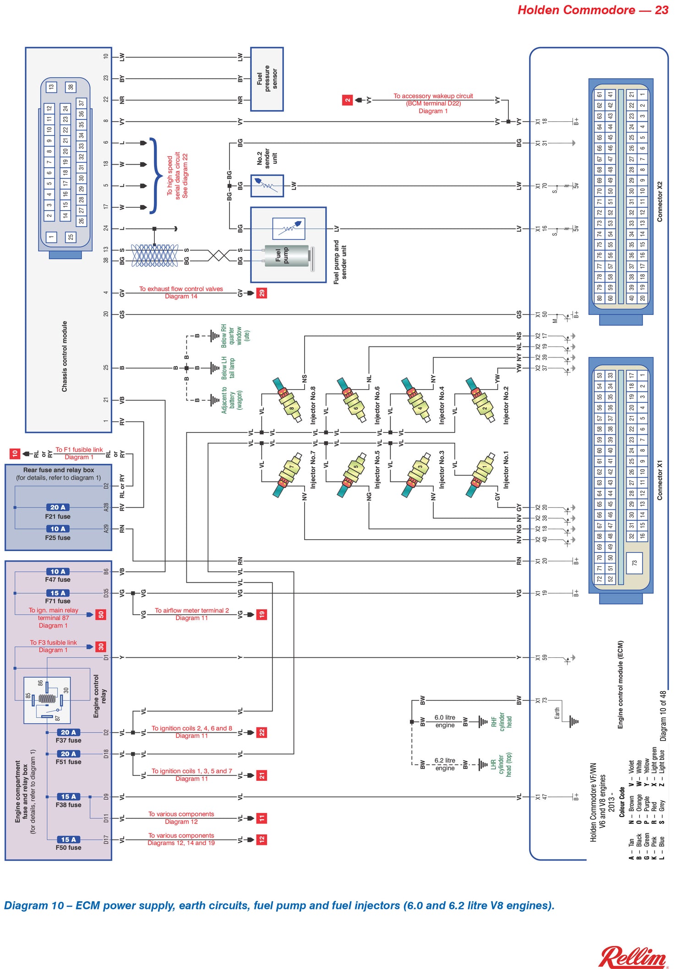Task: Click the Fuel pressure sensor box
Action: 267,79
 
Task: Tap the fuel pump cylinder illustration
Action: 287,256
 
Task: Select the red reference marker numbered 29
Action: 262,293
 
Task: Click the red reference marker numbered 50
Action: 101,614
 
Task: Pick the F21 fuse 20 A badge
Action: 58,507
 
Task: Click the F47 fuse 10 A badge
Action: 58,571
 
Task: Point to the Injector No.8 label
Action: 313,405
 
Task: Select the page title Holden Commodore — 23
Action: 593,10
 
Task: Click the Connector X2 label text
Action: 660,201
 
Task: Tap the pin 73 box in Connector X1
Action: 634,563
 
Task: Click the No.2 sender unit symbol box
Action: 267,186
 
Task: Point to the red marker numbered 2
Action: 348,100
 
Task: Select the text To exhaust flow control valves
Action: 181,289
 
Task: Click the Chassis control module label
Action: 65,356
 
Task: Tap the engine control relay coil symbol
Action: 47,699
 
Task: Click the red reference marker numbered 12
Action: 262,839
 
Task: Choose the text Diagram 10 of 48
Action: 663,715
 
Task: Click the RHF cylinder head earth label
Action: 502,722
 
